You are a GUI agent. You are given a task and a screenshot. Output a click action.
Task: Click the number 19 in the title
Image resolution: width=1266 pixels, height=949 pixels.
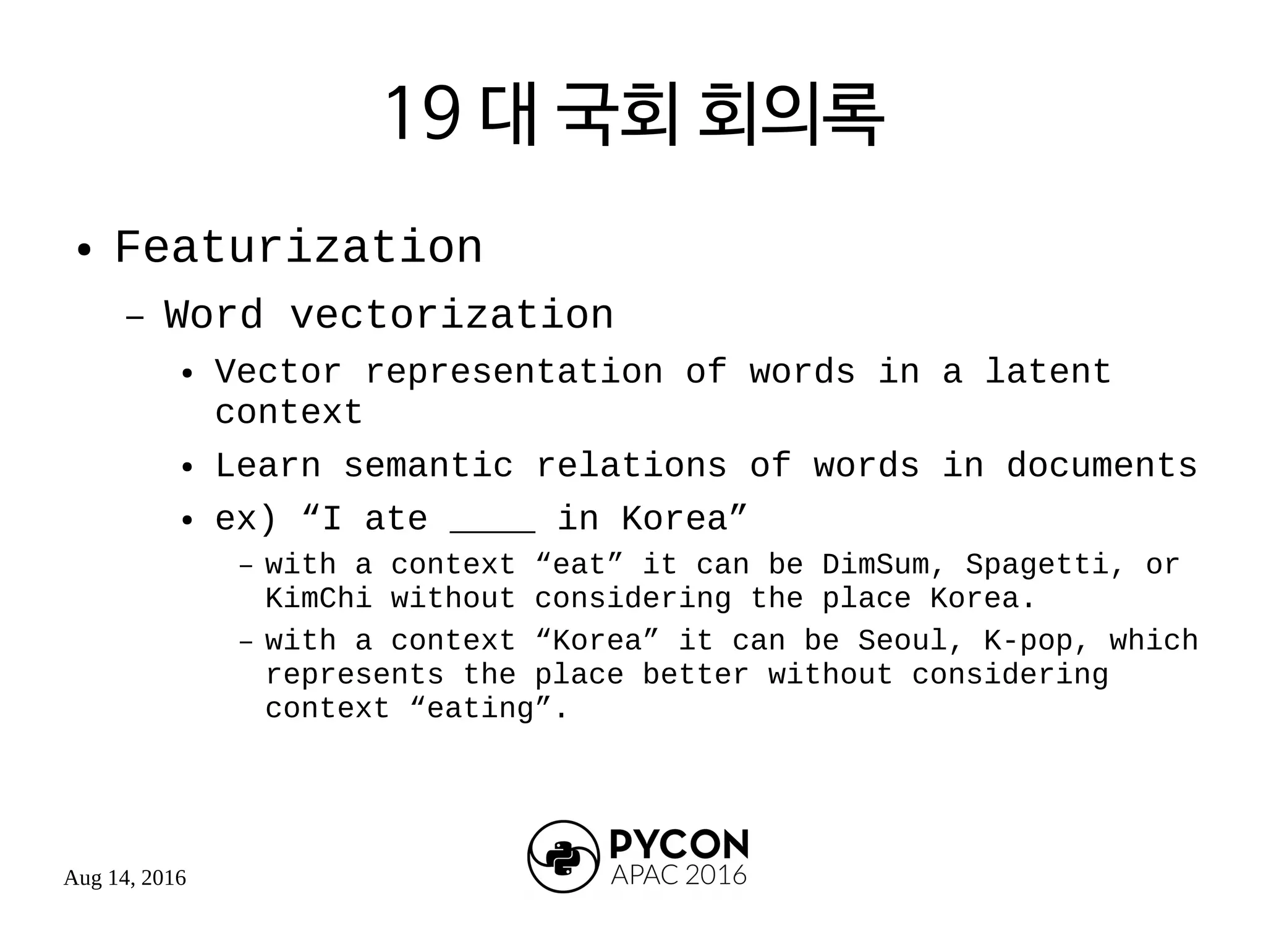423,114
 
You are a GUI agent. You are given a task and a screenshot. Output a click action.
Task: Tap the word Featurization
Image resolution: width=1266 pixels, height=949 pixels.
298,248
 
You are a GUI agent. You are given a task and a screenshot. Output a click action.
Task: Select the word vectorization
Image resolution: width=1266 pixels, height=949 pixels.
452,315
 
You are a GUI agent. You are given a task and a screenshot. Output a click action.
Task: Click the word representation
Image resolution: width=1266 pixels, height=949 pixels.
514,372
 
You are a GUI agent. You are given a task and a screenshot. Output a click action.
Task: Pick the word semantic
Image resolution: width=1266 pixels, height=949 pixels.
428,466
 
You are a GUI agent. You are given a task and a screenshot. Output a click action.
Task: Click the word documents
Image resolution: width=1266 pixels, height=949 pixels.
1102,466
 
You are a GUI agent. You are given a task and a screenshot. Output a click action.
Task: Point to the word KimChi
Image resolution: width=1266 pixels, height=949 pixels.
319,598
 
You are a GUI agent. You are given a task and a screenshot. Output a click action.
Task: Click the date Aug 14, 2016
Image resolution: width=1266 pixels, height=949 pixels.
125,878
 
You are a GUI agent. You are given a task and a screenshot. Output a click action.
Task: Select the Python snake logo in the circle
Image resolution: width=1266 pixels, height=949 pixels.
563,858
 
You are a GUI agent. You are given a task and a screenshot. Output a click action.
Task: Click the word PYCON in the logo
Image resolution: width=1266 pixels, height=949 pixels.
679,844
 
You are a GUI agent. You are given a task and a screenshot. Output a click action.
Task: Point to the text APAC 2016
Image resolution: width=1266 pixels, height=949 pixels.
679,875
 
